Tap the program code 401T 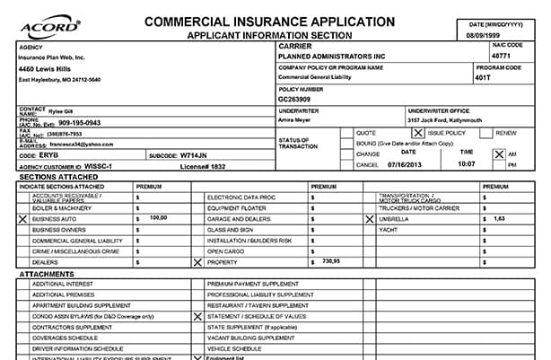coord(508,78)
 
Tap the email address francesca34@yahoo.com coord(80,144)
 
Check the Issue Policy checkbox coord(417,133)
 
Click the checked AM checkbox coord(500,154)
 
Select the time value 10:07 coord(466,165)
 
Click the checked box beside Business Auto coord(22,218)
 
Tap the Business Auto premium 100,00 coord(158,218)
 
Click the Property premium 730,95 coord(330,261)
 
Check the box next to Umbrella coord(369,218)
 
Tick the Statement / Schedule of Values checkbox coord(197,316)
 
